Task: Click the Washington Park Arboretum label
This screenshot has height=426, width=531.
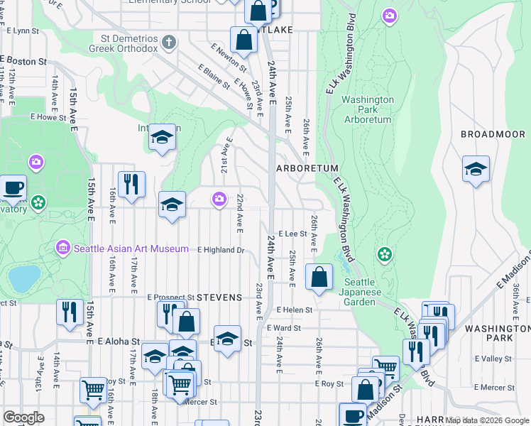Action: [x=366, y=110]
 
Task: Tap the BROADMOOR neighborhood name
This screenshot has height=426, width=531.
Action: [x=492, y=134]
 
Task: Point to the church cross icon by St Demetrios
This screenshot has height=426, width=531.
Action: [x=168, y=42]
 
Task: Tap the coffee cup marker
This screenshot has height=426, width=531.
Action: [x=13, y=188]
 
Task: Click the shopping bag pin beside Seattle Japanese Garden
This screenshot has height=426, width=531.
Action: [x=319, y=277]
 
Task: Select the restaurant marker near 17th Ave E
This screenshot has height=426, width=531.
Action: [x=131, y=185]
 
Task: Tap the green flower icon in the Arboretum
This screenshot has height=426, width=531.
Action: [x=384, y=253]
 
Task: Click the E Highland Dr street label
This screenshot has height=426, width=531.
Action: [x=221, y=250]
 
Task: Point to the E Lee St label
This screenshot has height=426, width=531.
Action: [x=292, y=233]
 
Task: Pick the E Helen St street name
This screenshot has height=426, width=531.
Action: [x=295, y=310]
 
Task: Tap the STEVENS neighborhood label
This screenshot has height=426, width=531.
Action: [x=219, y=297]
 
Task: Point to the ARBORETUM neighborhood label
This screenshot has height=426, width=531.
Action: [x=307, y=168]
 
